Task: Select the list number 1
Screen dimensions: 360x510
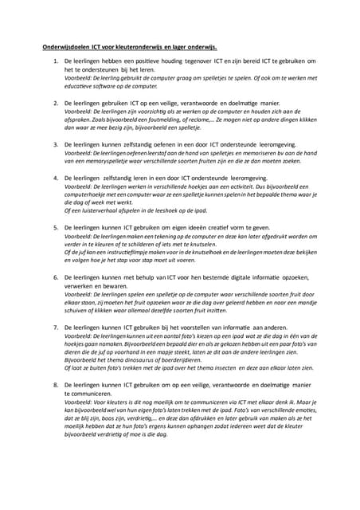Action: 55,61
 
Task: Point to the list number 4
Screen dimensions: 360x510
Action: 55,178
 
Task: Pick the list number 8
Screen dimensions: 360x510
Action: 55,385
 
